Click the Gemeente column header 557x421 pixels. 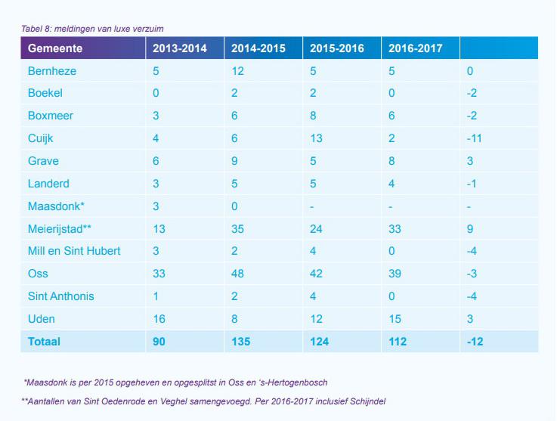(55, 48)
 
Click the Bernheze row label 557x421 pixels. (53, 71)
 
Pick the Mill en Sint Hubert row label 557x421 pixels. (74, 251)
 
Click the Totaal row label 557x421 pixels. (44, 342)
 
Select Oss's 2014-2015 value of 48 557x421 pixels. (238, 274)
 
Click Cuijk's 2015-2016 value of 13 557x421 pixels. (316, 138)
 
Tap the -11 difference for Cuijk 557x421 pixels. (474, 138)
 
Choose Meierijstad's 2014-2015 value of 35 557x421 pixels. (238, 228)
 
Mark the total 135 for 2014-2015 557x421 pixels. (242, 342)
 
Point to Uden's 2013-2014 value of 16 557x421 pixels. (159, 318)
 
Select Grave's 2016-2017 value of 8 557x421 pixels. (392, 161)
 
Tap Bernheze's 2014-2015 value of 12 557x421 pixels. (237, 71)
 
